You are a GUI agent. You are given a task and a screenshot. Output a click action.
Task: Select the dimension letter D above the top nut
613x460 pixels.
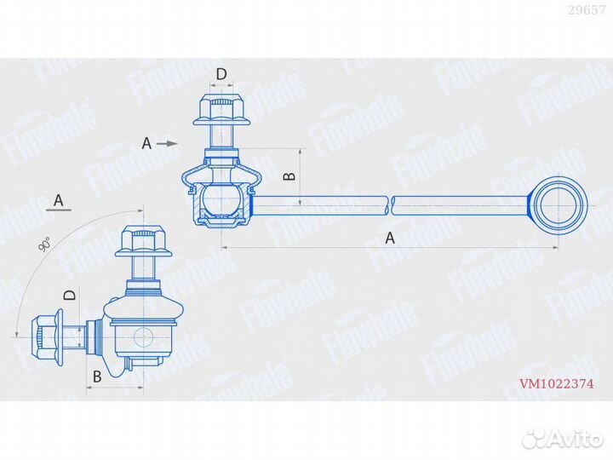coord(221,75)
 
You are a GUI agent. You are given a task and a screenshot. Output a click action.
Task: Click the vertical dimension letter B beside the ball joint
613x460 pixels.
coord(289,175)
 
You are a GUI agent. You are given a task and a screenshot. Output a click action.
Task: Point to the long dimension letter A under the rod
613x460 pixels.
coord(390,239)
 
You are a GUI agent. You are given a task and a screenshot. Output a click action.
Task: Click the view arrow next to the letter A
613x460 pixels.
coord(168,143)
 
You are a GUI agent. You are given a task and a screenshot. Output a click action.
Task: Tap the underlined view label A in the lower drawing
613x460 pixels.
coord(59,201)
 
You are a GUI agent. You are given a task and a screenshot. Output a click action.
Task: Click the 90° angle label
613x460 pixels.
coord(44,246)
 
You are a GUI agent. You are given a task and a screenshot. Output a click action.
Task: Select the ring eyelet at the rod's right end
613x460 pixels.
coord(559,204)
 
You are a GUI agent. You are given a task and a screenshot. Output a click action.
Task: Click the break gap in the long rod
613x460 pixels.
coord(392,204)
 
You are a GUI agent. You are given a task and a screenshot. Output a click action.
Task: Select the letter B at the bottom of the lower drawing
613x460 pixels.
coord(97,375)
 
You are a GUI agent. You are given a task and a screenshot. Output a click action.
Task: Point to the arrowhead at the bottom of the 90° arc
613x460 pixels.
coord(18,334)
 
